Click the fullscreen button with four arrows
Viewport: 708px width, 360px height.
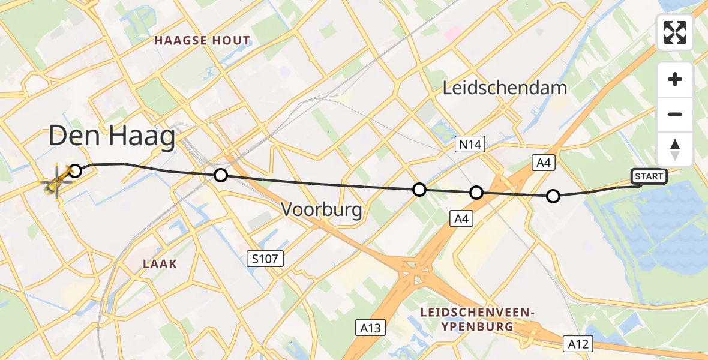tap(675, 32)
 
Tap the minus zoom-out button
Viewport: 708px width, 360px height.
tap(675, 115)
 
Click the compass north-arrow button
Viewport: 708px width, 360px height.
tap(675, 149)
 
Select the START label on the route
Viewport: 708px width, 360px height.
tap(648, 176)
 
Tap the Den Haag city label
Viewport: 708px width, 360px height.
tap(112, 137)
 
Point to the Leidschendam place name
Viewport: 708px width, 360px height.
tap(505, 88)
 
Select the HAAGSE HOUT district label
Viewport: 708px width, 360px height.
tap(202, 41)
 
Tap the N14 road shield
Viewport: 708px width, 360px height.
tap(470, 144)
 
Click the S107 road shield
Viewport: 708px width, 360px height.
tap(265, 259)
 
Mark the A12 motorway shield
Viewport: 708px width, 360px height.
tap(579, 344)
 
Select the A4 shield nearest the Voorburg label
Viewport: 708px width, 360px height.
tap(461, 220)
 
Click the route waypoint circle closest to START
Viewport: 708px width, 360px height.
tap(553, 196)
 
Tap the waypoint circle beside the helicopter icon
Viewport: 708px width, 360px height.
tap(75, 171)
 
